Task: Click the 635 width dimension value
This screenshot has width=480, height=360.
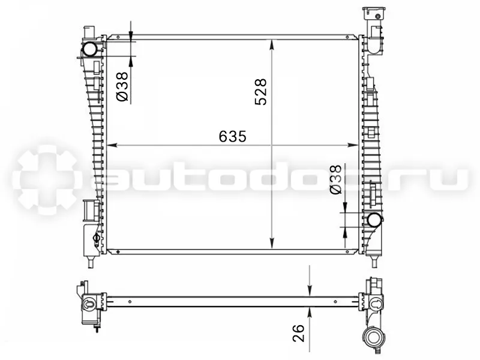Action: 232,137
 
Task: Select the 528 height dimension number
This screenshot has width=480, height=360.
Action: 261,92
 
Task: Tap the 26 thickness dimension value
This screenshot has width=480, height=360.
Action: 299,333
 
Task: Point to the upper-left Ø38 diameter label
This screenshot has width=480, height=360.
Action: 122,87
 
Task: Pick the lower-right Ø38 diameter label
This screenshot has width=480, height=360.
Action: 335,179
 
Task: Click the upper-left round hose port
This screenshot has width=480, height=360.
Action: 89,49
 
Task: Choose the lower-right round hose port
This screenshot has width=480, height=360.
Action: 374,220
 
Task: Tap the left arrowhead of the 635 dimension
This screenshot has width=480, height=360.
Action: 111,145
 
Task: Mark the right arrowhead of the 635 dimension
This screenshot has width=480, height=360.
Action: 353,145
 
